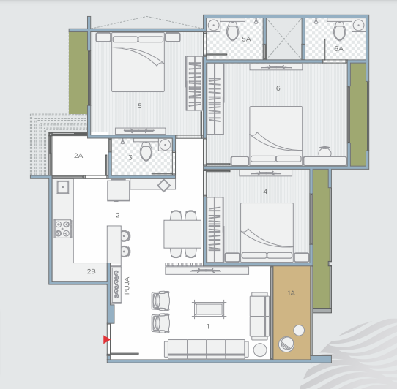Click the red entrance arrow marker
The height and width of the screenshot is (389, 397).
click(x=106, y=339)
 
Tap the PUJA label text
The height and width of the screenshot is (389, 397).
click(x=127, y=286)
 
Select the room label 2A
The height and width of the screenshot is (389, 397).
click(x=78, y=156)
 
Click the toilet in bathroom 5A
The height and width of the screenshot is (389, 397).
click(x=233, y=31)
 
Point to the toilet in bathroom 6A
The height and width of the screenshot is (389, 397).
click(x=339, y=31)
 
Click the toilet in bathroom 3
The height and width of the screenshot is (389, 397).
click(x=146, y=151)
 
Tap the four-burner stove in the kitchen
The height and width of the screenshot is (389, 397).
click(x=62, y=228)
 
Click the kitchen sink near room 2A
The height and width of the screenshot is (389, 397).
click(x=63, y=187)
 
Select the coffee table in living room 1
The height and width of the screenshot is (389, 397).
click(x=209, y=309)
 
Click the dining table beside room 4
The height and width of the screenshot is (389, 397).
click(x=182, y=234)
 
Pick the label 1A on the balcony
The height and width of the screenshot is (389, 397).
click(x=292, y=293)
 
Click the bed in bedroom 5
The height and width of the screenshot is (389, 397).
click(x=138, y=62)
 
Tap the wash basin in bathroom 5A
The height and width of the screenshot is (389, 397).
click(x=213, y=26)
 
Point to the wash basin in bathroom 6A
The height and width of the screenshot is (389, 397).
click(x=358, y=26)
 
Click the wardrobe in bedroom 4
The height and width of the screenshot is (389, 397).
click(x=215, y=230)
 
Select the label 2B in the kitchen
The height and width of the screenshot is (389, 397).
click(x=91, y=271)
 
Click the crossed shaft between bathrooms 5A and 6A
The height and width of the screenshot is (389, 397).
click(x=283, y=39)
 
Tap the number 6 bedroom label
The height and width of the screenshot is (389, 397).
click(x=278, y=88)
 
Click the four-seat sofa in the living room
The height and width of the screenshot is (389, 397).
click(x=207, y=349)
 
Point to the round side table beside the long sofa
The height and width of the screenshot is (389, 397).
click(x=260, y=350)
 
